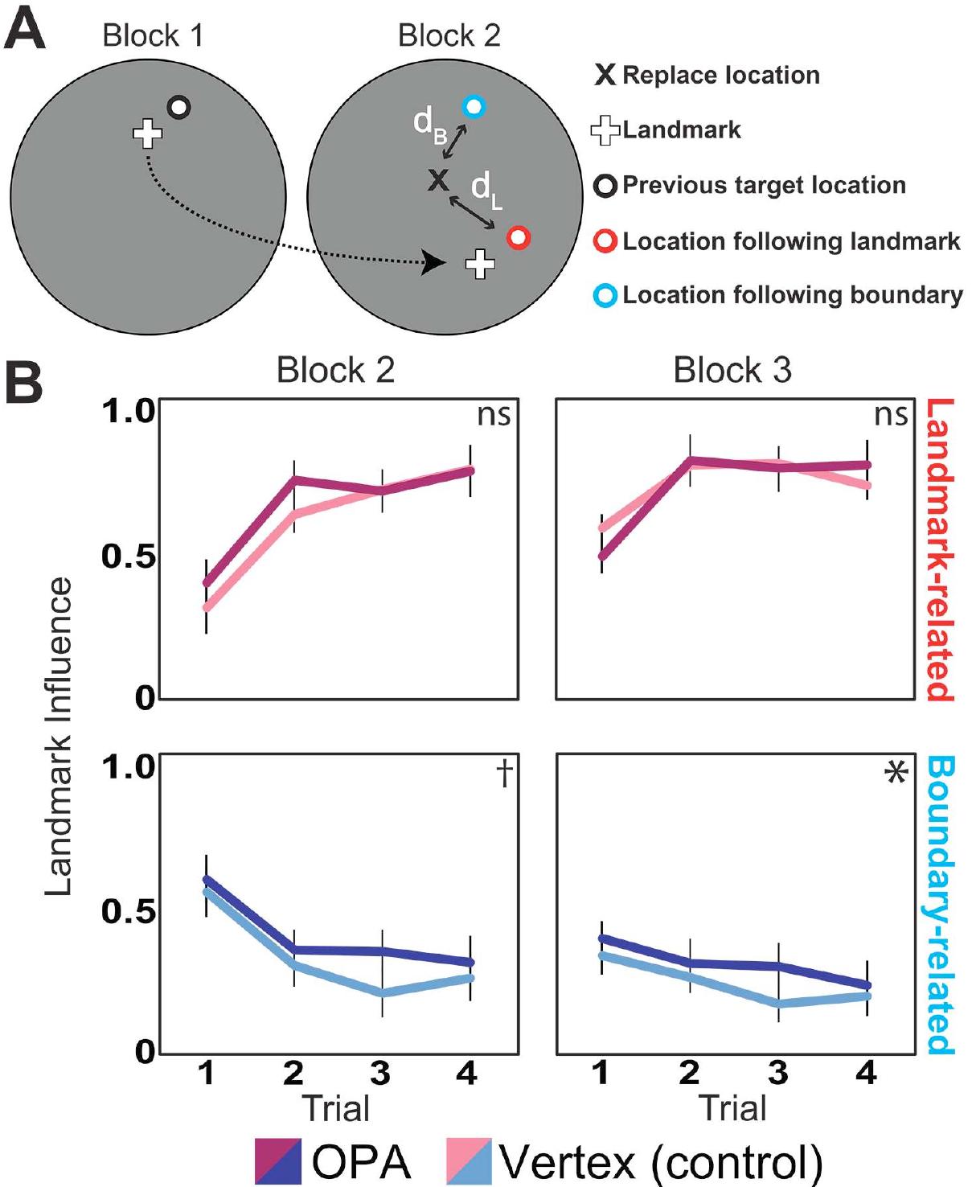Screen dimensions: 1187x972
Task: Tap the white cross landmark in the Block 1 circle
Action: click(x=147, y=133)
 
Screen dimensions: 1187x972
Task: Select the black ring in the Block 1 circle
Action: click(x=178, y=107)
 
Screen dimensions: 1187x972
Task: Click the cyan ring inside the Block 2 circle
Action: click(x=474, y=106)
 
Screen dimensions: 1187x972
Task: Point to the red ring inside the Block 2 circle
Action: click(x=519, y=237)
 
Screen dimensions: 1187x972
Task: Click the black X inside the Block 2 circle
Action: click(x=438, y=180)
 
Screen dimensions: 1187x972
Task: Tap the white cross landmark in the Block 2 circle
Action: click(x=481, y=264)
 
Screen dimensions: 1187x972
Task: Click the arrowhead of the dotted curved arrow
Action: click(x=434, y=262)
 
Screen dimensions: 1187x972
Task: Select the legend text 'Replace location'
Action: click(x=720, y=76)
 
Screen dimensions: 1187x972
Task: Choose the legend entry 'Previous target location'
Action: click(x=763, y=186)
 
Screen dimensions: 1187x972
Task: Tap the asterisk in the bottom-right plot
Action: click(x=895, y=774)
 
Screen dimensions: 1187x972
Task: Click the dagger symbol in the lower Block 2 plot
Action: click(x=504, y=774)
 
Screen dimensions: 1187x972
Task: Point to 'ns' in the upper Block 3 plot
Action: click(x=891, y=415)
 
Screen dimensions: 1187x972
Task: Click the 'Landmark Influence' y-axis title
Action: click(x=59, y=736)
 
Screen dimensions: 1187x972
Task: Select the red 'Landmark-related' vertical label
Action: click(x=938, y=550)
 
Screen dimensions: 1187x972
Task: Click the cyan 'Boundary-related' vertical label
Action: click(x=938, y=905)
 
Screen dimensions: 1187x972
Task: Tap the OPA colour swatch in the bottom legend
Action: click(x=278, y=1161)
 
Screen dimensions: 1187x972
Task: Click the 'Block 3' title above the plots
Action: click(x=732, y=371)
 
